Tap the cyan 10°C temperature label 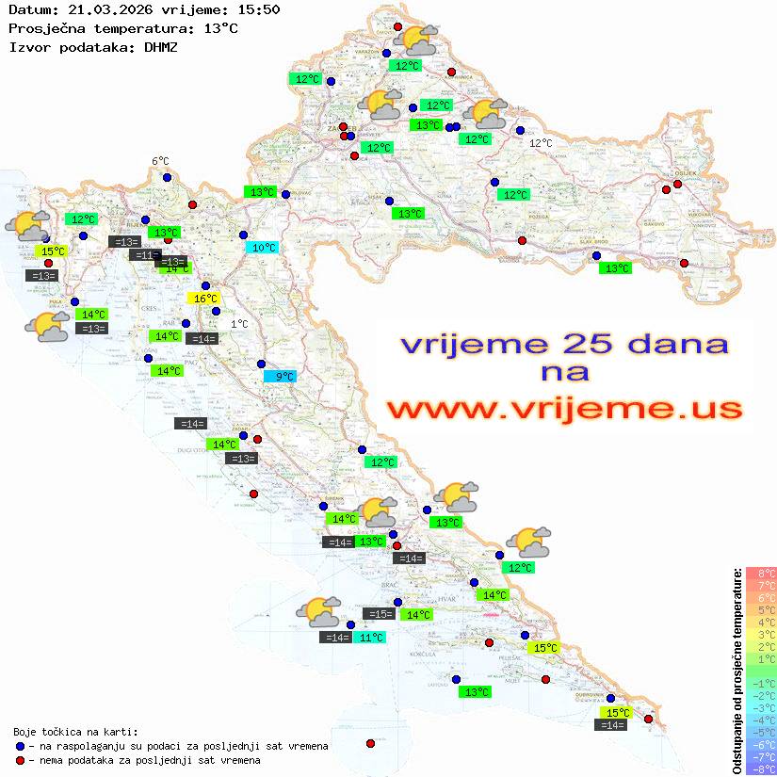point(263,248)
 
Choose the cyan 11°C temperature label point(371,638)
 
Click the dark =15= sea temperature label point(380,614)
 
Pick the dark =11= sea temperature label point(145,255)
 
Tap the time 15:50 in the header point(259,9)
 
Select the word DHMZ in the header point(160,45)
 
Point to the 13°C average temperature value point(220,27)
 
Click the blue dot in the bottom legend point(21,746)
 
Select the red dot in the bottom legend point(21,760)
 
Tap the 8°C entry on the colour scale point(761,574)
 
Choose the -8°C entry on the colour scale point(761,769)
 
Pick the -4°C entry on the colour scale point(761,720)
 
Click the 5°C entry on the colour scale point(761,610)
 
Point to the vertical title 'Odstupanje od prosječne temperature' point(737,670)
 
